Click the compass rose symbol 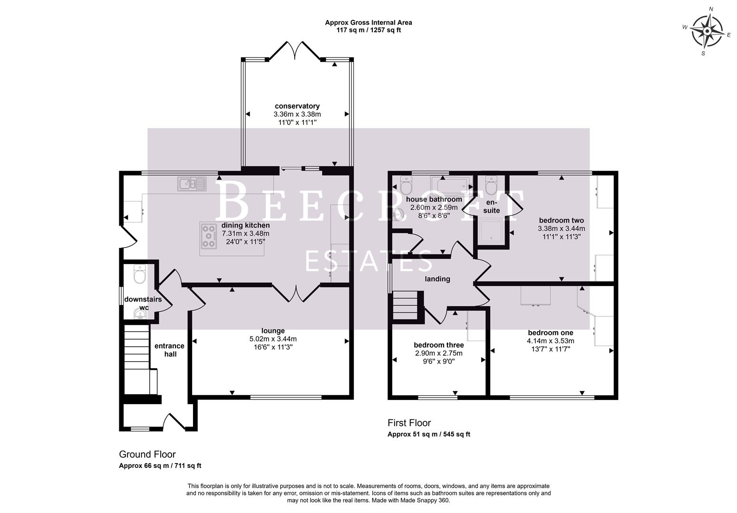point(707,32)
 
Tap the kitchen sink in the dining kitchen point(192,183)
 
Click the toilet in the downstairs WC point(139,274)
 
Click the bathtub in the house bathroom point(449,185)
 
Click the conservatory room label point(297,106)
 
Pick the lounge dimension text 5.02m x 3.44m point(273,339)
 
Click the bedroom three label point(438,345)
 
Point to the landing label point(437,279)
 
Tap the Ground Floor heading point(147,455)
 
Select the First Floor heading point(409,423)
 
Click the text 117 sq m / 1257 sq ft point(368,30)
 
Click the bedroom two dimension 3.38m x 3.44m point(561,228)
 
